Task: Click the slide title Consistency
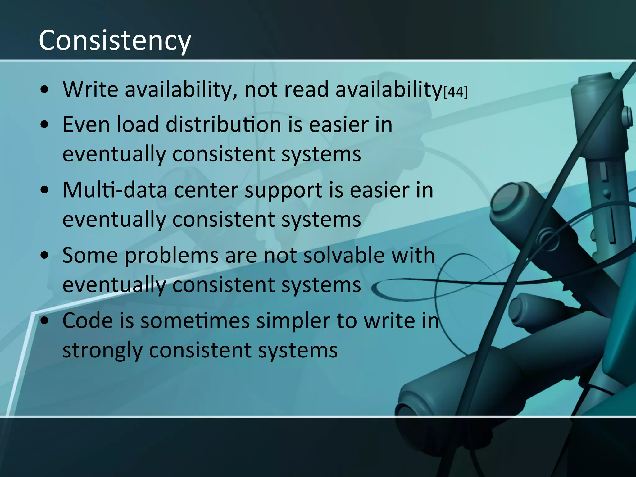pos(115,41)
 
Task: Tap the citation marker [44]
pos(456,92)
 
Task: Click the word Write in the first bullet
pos(90,89)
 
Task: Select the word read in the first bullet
pos(306,89)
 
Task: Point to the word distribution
pos(224,125)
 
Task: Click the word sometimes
pos(195,321)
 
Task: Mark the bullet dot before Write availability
pos(45,90)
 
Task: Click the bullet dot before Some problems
pos(45,255)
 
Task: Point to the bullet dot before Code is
pos(45,321)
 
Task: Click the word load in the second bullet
pos(138,125)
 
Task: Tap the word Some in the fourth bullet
pos(90,255)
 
